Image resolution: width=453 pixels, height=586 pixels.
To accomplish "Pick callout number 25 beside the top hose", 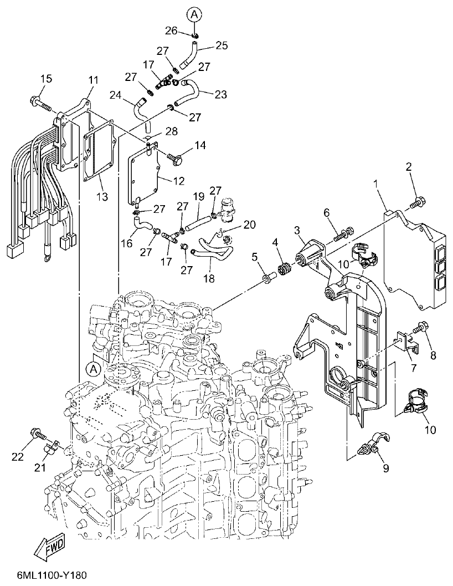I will point(222,45).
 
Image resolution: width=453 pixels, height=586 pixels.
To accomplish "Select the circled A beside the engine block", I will point(94,368).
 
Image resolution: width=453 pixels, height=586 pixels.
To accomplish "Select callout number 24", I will point(115,95).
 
